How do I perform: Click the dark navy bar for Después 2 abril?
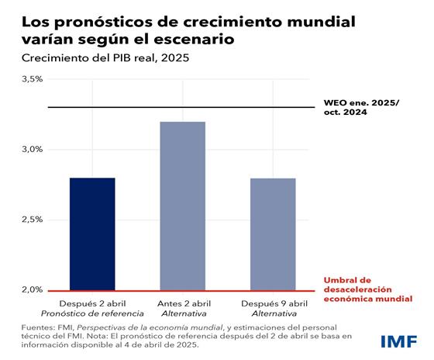[92, 234]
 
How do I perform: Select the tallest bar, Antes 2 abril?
[182, 206]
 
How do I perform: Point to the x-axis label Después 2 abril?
[92, 303]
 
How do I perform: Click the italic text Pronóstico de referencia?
[92, 313]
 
